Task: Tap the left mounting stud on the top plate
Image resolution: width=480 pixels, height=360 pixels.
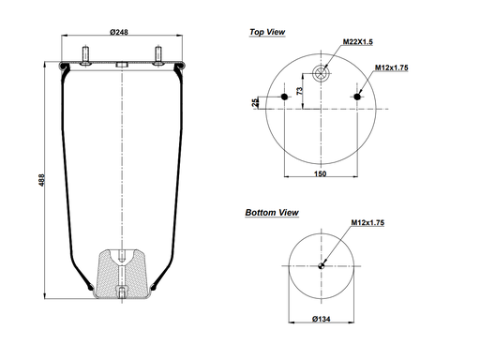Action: coord(85,56)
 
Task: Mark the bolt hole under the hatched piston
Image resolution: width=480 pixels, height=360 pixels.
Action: coord(122,292)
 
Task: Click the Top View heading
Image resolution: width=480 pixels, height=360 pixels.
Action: coord(267,32)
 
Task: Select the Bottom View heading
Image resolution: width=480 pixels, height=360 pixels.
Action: coord(272,213)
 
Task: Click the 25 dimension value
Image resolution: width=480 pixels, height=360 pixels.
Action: coord(255,102)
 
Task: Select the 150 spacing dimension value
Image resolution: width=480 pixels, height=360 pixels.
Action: coord(322,174)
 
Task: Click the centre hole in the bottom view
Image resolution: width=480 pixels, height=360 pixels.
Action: coord(322,264)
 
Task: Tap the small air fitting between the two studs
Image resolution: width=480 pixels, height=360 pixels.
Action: coord(121,65)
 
